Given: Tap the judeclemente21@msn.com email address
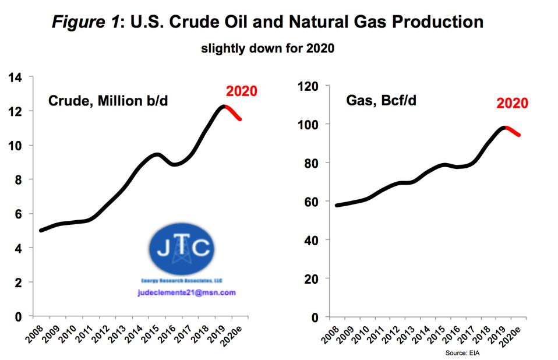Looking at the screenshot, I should (186, 292).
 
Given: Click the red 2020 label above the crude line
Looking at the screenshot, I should (241, 91).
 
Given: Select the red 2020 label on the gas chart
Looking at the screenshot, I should (512, 104).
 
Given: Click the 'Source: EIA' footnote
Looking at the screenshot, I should (462, 354).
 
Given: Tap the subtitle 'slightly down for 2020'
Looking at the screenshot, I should (267, 48).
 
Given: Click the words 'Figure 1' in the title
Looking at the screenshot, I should (87, 22).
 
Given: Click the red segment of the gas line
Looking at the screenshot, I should (513, 130).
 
